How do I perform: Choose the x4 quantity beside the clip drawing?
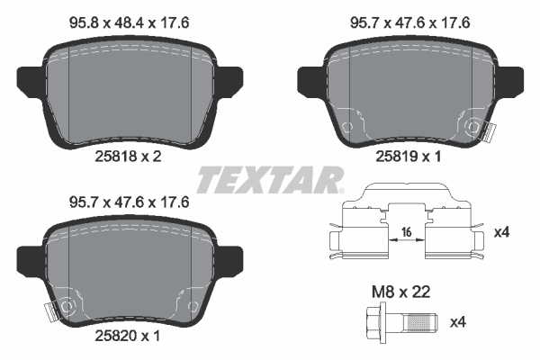pyautogui.click(x=505, y=232)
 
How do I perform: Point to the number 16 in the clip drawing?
pyautogui.click(x=406, y=233)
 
